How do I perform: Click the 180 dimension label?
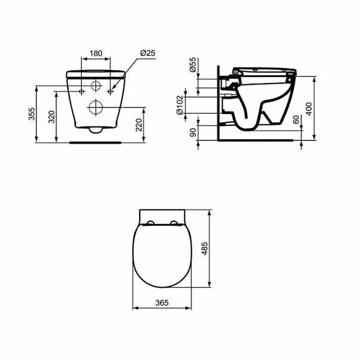pos(96,54)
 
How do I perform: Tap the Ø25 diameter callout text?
pos(147,53)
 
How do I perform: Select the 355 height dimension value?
pos(32,114)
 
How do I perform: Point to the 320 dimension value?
pos(52,117)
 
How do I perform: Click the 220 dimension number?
pos(139,125)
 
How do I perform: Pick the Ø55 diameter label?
pos(193,64)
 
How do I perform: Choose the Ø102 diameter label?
pos(180,105)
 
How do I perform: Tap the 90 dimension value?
pos(193,133)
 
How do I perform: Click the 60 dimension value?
pos(296,119)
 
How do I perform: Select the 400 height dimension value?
pos(309,109)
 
